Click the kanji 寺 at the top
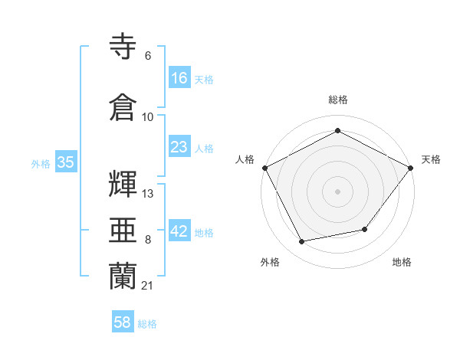(123, 47)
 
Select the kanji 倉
(123, 106)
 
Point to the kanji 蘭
(123, 276)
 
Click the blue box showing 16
(179, 78)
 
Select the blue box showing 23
(179, 147)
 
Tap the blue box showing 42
(179, 232)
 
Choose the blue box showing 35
(66, 162)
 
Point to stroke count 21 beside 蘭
(147, 286)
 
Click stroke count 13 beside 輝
(148, 194)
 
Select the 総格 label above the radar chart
(337, 100)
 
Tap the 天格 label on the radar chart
(431, 159)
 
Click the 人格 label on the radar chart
(245, 159)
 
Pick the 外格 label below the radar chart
(270, 263)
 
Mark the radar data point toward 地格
(365, 229)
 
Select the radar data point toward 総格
(337, 131)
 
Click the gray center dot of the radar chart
(337, 191)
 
